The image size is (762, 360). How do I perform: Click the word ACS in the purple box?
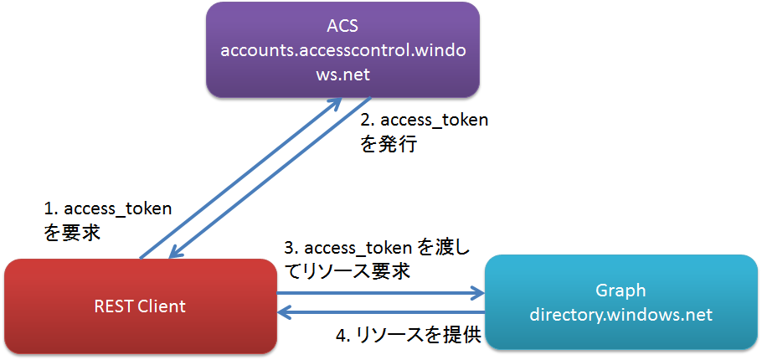tap(343, 27)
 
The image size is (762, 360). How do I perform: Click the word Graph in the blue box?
tap(620, 291)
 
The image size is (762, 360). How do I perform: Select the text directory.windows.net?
tap(620, 316)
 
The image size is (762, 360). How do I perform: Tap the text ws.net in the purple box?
tap(343, 75)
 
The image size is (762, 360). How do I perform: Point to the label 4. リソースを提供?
tap(409, 335)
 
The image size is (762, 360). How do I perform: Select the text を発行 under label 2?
tap(389, 144)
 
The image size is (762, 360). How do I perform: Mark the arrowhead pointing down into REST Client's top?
tap(176, 253)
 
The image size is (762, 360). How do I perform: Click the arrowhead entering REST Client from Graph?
tap(285, 313)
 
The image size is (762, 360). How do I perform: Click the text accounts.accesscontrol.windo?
tap(343, 50)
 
